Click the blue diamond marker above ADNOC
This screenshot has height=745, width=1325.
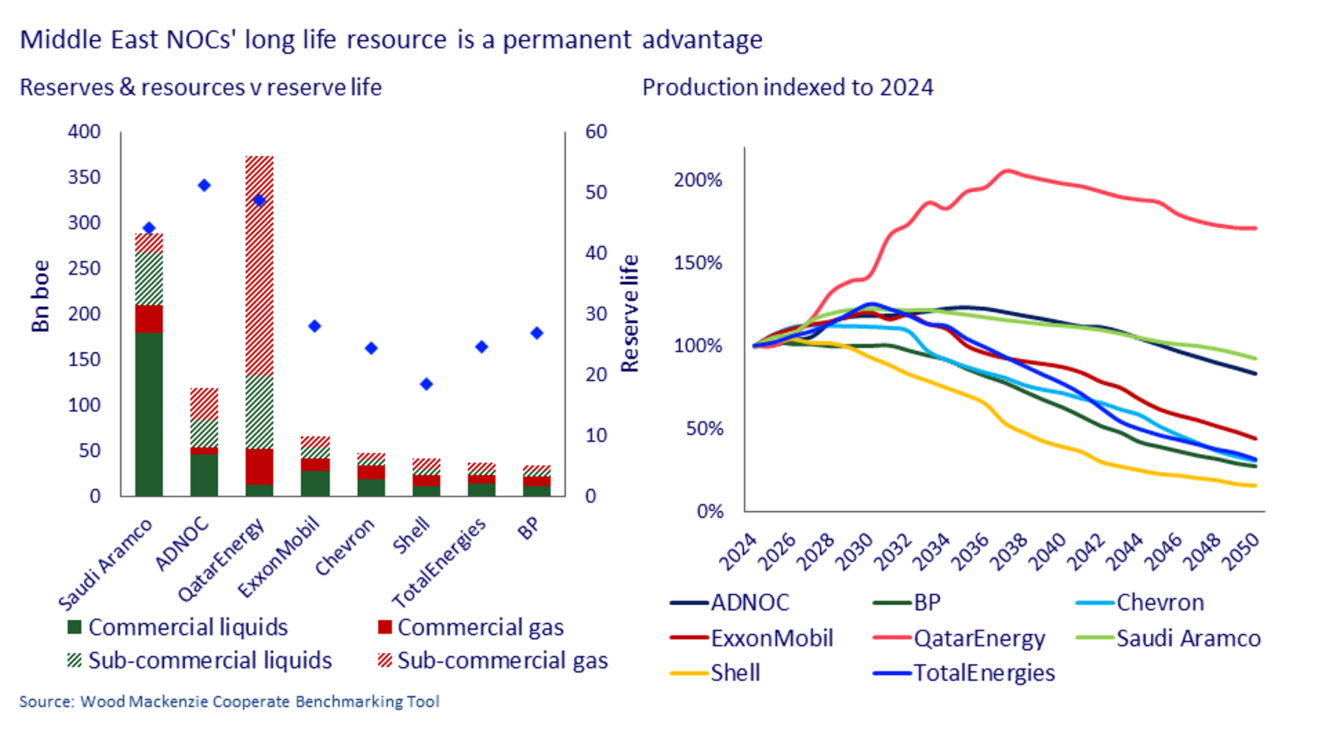pyautogui.click(x=205, y=186)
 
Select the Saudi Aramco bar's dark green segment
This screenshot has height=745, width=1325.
pyautogui.click(x=149, y=414)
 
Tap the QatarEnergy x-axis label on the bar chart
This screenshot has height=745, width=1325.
pyautogui.click(x=222, y=561)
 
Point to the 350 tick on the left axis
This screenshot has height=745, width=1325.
pyautogui.click(x=84, y=177)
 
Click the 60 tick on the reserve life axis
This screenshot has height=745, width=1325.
pyautogui.click(x=596, y=132)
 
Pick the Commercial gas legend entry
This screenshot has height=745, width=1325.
pyautogui.click(x=471, y=627)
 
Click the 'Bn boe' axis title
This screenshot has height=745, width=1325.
pyautogui.click(x=40, y=296)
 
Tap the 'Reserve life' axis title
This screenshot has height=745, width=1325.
pyautogui.click(x=629, y=314)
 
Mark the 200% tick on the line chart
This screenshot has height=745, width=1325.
pyautogui.click(x=698, y=180)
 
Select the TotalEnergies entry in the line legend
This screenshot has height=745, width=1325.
pyautogui.click(x=964, y=673)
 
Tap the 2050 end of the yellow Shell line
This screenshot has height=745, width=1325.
pyautogui.click(x=1254, y=486)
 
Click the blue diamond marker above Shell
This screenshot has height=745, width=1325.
pyautogui.click(x=426, y=384)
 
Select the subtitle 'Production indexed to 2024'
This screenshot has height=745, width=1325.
pyautogui.click(x=788, y=88)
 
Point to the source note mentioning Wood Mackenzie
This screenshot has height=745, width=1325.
pyautogui.click(x=229, y=702)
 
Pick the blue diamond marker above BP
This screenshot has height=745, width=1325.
pyautogui.click(x=537, y=333)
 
